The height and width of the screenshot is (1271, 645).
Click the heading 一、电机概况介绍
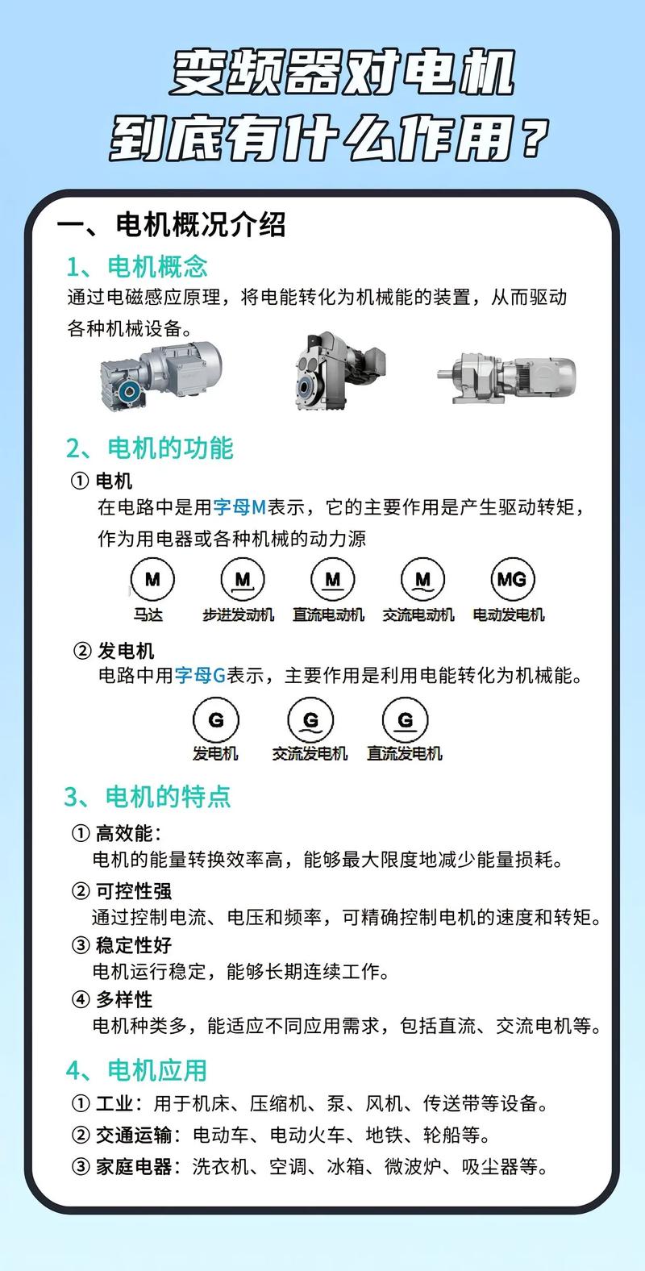(x=171, y=225)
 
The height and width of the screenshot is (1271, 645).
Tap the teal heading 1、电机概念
(x=137, y=266)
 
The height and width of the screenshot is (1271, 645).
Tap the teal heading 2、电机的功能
(x=149, y=448)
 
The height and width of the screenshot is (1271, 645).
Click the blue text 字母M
(x=239, y=507)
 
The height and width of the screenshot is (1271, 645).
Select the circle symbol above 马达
(x=152, y=579)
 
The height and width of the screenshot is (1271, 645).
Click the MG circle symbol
(x=512, y=579)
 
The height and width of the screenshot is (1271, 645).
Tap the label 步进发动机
(x=238, y=615)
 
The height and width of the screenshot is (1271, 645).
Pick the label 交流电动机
(x=418, y=615)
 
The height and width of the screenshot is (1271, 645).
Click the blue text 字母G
(x=201, y=676)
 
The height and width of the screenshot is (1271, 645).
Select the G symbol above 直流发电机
(x=405, y=719)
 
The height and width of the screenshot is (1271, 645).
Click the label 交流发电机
(x=310, y=754)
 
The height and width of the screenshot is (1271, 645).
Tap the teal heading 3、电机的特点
(x=148, y=797)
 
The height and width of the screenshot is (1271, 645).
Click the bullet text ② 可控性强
(x=122, y=891)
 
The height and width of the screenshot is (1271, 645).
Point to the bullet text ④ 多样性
(x=112, y=999)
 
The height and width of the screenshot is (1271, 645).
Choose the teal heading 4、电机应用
(x=137, y=1070)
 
